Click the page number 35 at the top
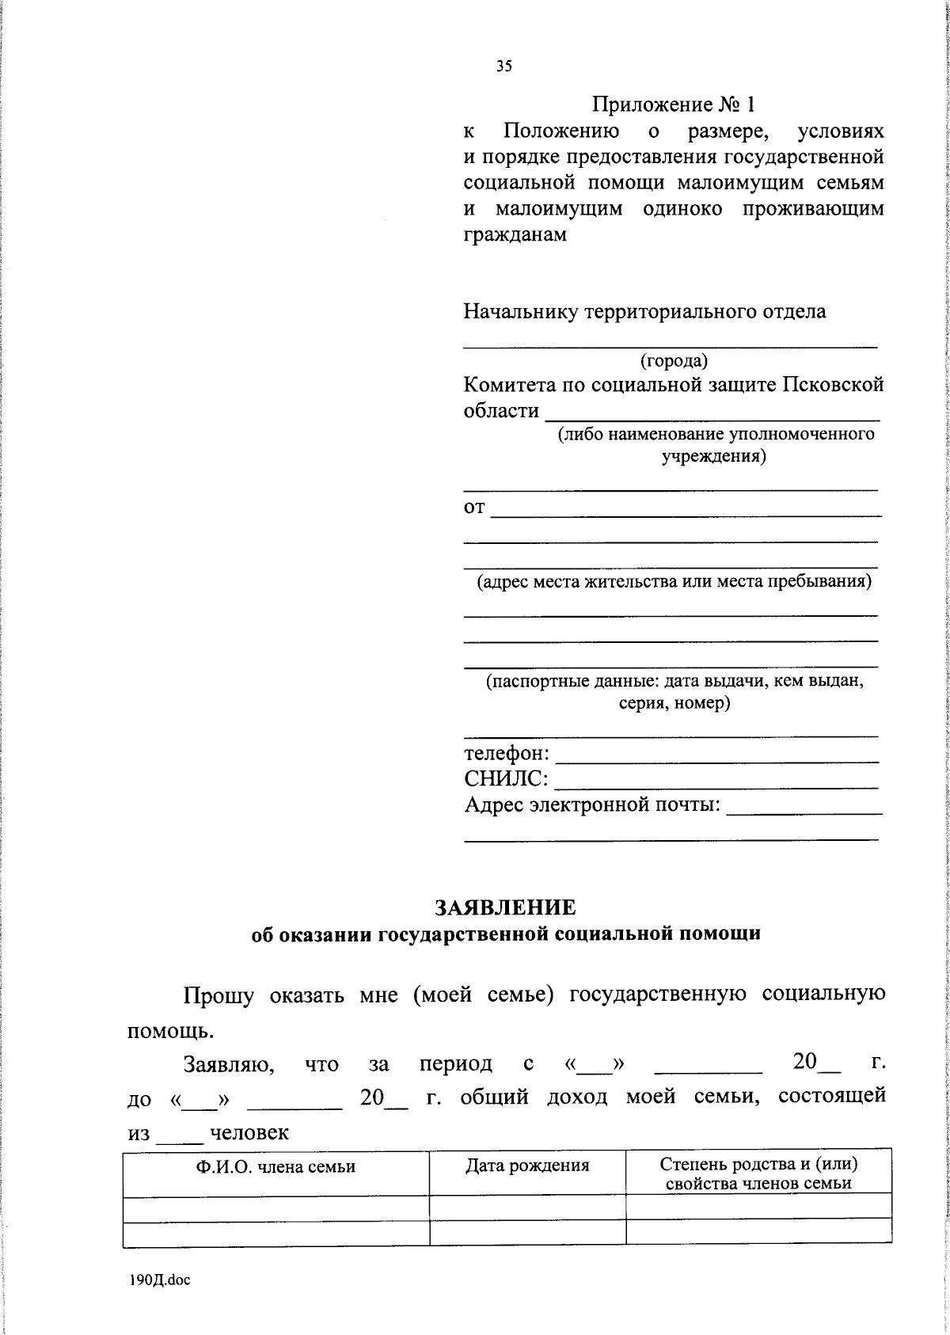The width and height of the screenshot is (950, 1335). pyautogui.click(x=504, y=67)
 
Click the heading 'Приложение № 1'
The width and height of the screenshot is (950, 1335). pyautogui.click(x=674, y=104)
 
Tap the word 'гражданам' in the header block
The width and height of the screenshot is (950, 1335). pyautogui.click(x=515, y=235)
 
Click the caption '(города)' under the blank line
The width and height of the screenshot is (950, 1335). pyautogui.click(x=674, y=361)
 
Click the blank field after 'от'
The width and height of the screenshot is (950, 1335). pyautogui.click(x=686, y=512)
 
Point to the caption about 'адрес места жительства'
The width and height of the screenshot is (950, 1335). pyautogui.click(x=674, y=582)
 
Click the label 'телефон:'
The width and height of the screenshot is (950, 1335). pyautogui.click(x=507, y=752)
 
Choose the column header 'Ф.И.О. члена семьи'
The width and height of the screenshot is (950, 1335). pyautogui.click(x=275, y=1166)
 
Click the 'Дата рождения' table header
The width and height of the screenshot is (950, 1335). pyautogui.click(x=527, y=1165)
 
